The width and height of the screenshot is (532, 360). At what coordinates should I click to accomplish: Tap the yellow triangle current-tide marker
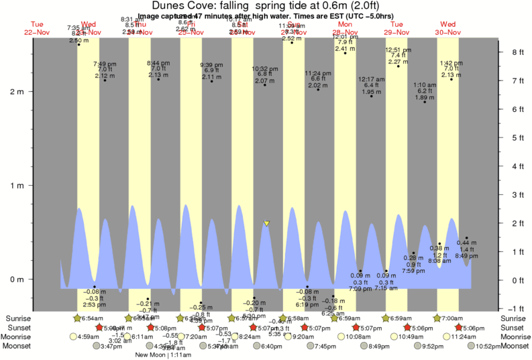pos(267,223)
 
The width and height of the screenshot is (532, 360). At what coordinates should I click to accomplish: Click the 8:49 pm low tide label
pos(466,256)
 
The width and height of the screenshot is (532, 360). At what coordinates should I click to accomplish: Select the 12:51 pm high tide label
pos(398,50)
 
